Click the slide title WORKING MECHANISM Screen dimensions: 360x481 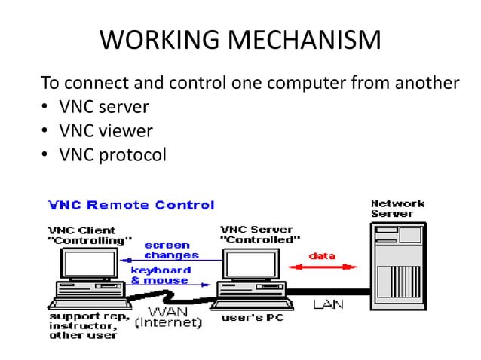[x=240, y=40]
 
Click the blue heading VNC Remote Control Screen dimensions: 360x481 [x=131, y=205]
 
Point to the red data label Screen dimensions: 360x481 [x=322, y=256]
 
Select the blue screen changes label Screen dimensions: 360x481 [x=171, y=250]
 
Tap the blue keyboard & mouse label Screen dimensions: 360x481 [x=160, y=275]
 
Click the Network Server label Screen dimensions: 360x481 [x=397, y=209]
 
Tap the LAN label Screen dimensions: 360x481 [x=329, y=304]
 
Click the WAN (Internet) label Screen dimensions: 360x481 [x=168, y=317]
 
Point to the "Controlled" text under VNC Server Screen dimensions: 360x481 [x=260, y=239]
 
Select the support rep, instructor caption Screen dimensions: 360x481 [x=84, y=323]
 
